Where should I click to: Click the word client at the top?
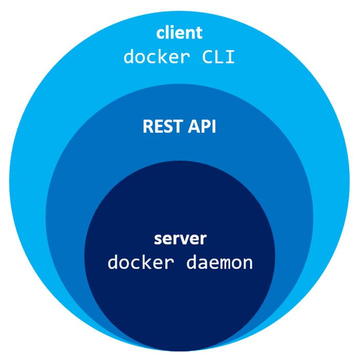[x=179, y=33]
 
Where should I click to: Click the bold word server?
[x=180, y=239]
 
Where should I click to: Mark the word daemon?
[x=222, y=263]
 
